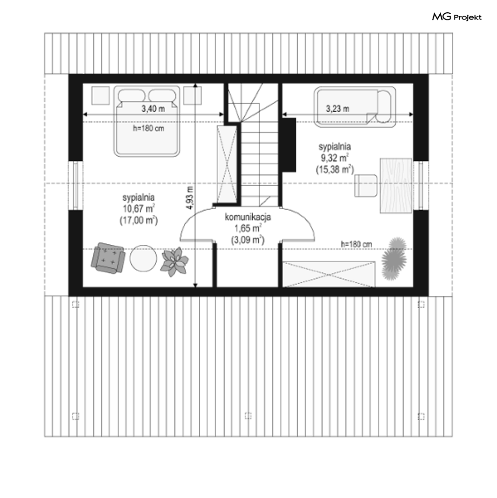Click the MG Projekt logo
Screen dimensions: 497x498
457,17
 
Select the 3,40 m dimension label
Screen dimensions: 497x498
153,109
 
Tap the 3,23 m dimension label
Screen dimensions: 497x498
337,109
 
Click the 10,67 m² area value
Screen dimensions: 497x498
139,209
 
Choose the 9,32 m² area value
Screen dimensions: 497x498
335,158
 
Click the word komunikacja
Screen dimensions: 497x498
248,217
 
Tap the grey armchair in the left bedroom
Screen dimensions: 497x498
107,258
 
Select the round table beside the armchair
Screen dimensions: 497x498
143,258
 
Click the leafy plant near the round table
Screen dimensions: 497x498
174,262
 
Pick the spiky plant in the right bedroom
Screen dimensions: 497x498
394,258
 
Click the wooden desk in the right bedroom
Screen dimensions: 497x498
396,186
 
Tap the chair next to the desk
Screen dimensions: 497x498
366,186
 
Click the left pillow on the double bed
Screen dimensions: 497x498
132,96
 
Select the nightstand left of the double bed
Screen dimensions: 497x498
100,95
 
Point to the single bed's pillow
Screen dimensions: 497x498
383,107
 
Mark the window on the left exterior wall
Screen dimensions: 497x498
76,186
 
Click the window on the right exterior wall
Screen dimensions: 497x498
421,186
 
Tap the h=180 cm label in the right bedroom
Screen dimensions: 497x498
356,244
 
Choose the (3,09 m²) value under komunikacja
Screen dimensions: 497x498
248,240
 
